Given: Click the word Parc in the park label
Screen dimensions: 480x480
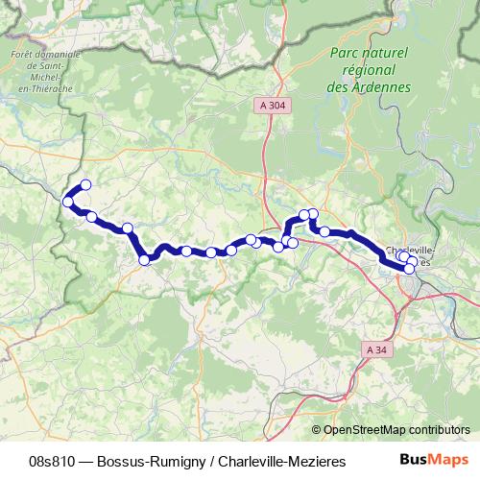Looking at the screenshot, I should click(x=346, y=54).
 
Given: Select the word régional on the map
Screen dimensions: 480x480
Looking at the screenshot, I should click(x=370, y=70).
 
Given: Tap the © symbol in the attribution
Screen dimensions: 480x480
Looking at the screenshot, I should click(x=317, y=430).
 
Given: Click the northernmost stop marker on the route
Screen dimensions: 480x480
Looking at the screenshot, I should click(x=85, y=184).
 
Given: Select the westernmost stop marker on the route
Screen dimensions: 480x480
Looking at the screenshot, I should click(x=68, y=201).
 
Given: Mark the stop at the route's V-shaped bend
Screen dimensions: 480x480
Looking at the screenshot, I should click(x=145, y=259).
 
